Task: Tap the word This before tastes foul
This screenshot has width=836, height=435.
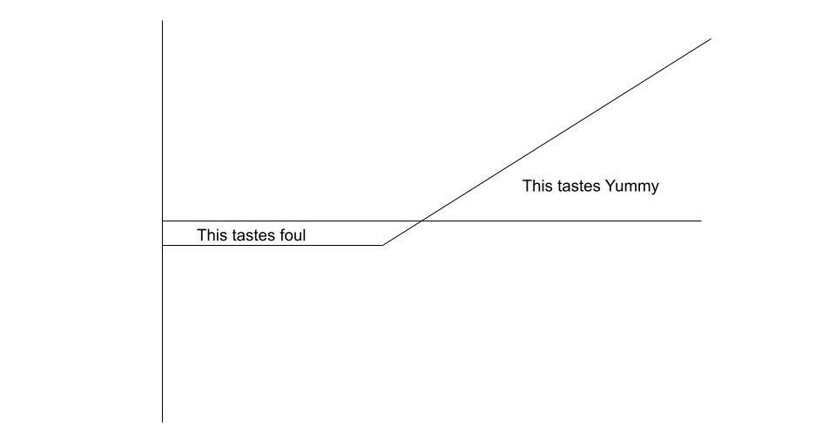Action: coord(212,234)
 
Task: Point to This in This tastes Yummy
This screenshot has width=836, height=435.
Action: coord(537,186)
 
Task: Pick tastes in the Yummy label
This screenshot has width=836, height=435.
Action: coord(579,186)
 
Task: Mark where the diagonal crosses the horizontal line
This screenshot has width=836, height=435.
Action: coord(421,221)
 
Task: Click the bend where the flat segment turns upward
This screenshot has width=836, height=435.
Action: coord(383,245)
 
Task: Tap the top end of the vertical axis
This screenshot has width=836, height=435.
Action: coord(162,22)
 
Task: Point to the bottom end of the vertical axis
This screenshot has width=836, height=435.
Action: coord(162,421)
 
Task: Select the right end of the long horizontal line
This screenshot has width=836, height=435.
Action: coord(700,221)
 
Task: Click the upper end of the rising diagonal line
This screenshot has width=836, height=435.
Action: coord(711,38)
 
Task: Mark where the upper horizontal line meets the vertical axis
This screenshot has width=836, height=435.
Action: coord(162,221)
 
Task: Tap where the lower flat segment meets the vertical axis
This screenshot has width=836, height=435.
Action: coord(162,245)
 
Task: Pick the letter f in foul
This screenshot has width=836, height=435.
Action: coord(280,234)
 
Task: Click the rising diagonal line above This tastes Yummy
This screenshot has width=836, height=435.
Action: coord(566,130)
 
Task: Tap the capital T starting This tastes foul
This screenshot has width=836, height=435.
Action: coord(202,234)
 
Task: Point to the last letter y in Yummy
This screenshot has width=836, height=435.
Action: coord(655,187)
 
